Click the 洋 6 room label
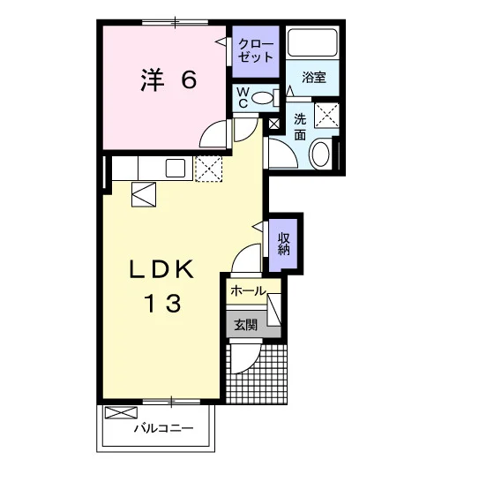168,79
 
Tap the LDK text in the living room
161,269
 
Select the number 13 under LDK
163,304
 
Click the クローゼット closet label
256,50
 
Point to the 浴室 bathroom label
314,78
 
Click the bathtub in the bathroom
312,43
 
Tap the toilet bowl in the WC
262,98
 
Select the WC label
243,98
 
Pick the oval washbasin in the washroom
320,154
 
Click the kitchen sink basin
176,169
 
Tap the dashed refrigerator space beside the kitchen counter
208,169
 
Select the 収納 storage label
283,244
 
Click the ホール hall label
248,290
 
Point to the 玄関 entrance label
246,325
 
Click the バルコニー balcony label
163,428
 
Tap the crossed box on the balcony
122,412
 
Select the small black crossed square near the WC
274,124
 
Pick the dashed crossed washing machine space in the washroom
326,115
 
